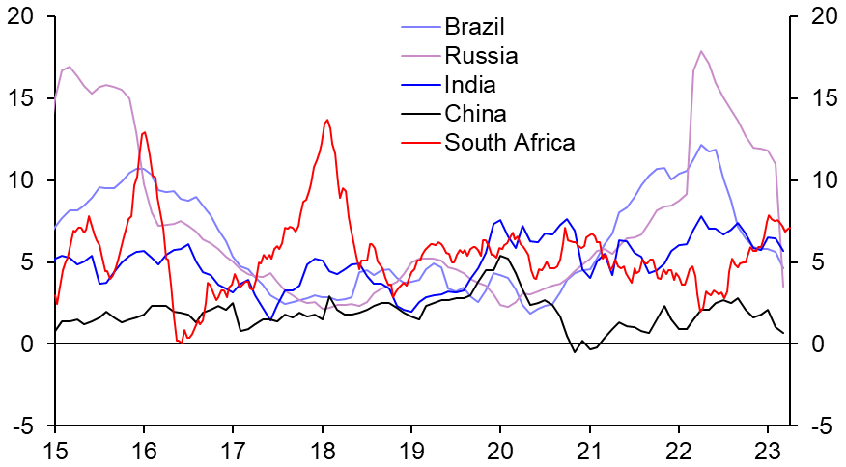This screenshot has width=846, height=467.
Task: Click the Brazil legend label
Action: coord(474,25)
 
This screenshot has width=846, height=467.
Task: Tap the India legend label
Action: coord(471,84)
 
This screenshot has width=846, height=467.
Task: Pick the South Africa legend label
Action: coord(509,143)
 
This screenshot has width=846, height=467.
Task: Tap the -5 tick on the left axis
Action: coord(25,426)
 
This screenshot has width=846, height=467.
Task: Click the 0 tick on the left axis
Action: coord(29,344)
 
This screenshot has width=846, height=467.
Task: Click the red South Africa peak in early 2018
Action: coord(327,120)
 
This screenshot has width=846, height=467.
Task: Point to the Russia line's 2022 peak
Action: coord(700,51)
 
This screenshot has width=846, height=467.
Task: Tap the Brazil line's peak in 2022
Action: coord(702,145)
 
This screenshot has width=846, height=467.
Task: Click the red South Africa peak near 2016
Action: coord(144,132)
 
